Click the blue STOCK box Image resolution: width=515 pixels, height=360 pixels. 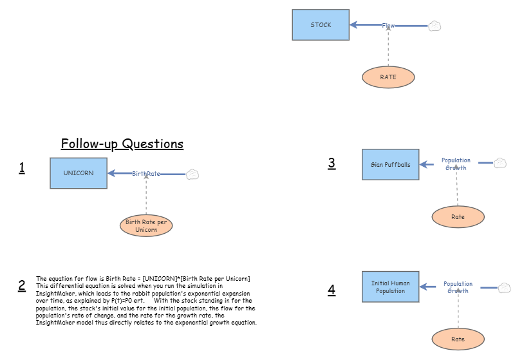[321, 25]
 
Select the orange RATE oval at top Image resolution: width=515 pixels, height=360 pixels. [388, 77]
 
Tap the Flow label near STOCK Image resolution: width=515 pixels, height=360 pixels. [388, 26]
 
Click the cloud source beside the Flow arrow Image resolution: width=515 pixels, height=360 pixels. [435, 26]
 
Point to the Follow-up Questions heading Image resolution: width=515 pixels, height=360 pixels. [122, 144]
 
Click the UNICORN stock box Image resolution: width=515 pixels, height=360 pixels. [79, 173]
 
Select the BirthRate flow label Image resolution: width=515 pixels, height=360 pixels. [146, 173]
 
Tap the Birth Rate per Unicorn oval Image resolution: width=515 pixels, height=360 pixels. [146, 225]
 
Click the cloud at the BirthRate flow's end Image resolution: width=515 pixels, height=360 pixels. [192, 174]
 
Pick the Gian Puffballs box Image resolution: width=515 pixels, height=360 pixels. [391, 164]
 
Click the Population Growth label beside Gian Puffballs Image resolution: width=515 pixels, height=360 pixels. [456, 164]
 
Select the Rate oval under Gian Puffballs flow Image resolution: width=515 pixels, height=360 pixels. [458, 217]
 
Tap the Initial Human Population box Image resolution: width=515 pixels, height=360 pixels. [391, 287]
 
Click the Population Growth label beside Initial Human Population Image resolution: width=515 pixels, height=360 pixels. [458, 287]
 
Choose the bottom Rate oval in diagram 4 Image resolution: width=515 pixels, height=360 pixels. [458, 339]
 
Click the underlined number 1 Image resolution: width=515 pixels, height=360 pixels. [22, 168]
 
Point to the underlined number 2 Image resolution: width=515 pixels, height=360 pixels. [22, 285]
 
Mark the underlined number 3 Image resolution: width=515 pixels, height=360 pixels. [332, 163]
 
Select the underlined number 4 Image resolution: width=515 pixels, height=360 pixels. [332, 290]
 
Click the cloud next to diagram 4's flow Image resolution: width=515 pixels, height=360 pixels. [505, 288]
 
